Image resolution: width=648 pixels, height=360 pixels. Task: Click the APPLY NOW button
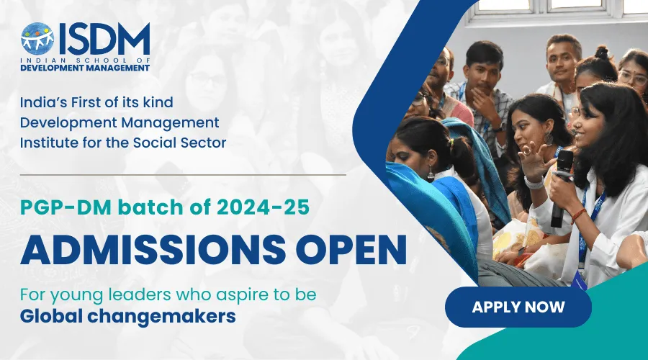[518, 307]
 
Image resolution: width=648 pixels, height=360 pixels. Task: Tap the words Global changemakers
[128, 315]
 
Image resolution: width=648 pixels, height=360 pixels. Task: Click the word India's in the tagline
[45, 103]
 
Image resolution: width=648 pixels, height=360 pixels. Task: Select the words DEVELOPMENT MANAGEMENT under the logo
[85, 68]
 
